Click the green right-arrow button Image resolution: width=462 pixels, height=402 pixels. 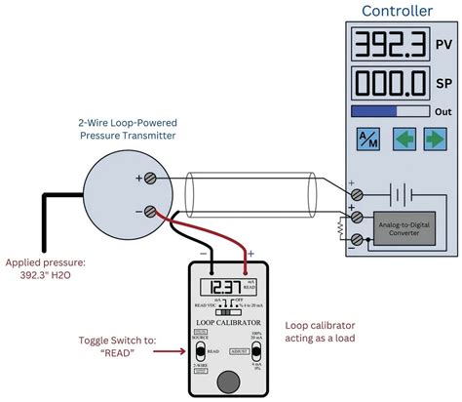434,139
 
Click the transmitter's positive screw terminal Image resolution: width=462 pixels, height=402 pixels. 151,179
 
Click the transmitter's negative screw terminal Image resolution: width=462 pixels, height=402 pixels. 151,211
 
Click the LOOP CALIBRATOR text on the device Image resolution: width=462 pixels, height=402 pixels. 225,320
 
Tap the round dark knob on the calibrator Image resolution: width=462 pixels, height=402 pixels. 228,379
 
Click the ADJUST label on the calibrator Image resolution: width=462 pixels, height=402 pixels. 236,348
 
